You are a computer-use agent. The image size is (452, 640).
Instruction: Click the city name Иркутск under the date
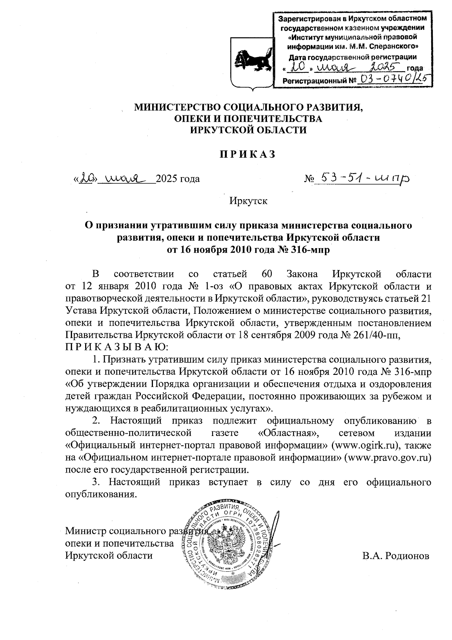tap(248, 201)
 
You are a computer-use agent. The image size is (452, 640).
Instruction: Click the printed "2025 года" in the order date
tap(178, 178)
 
